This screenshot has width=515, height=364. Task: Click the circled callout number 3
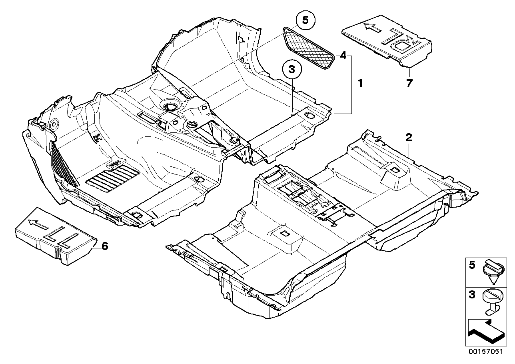coord(291,70)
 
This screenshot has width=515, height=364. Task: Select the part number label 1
coord(360,84)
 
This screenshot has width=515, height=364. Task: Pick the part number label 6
coord(104,246)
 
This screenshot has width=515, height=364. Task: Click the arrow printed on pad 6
coord(40,222)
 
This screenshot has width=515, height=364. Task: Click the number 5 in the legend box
coord(472,265)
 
